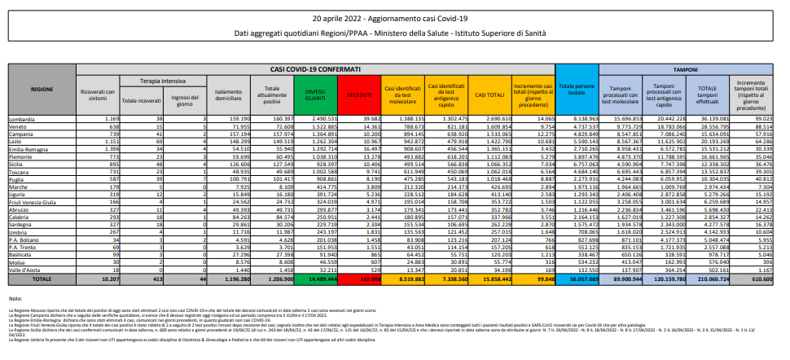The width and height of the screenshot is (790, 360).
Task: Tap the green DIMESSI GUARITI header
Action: click(313, 96)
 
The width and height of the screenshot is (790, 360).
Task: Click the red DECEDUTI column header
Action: click(358, 96)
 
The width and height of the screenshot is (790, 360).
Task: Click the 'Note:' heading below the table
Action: click(15, 299)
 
